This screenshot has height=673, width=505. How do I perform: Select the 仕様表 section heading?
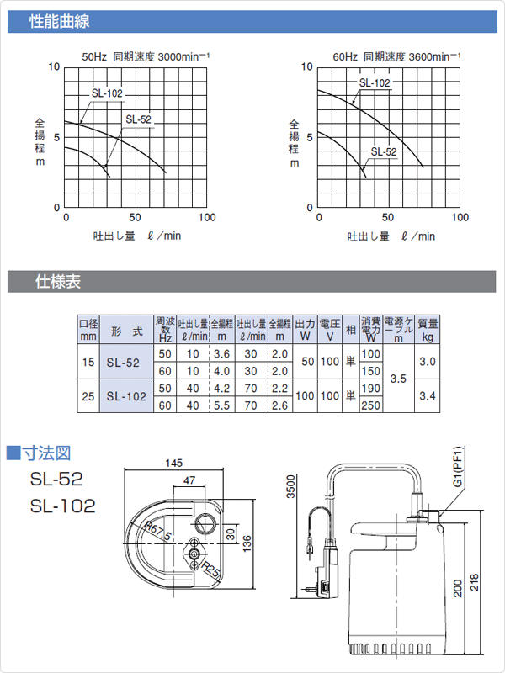(x=58, y=282)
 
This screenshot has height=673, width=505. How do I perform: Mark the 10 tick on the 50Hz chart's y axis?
(x=56, y=66)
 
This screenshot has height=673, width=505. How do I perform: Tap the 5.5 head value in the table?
(x=222, y=405)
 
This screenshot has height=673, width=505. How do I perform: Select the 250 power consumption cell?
(x=370, y=405)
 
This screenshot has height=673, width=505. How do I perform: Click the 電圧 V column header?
(x=329, y=328)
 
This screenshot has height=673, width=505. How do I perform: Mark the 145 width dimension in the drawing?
(x=174, y=464)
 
